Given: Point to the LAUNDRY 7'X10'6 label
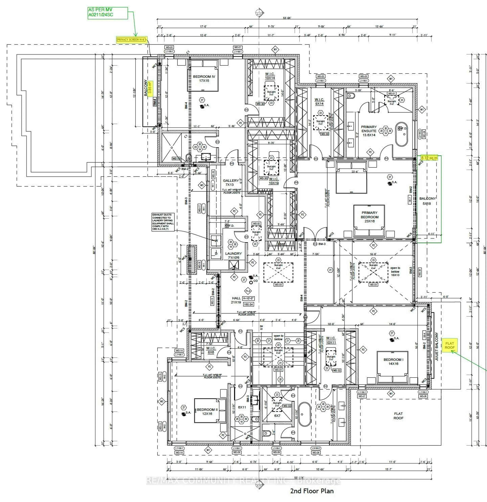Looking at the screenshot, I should pos(233,255).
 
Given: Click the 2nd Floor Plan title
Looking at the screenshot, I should pos(312,491).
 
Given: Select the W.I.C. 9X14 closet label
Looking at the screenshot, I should pos(319,101).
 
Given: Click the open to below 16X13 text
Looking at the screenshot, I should pos(395,271).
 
